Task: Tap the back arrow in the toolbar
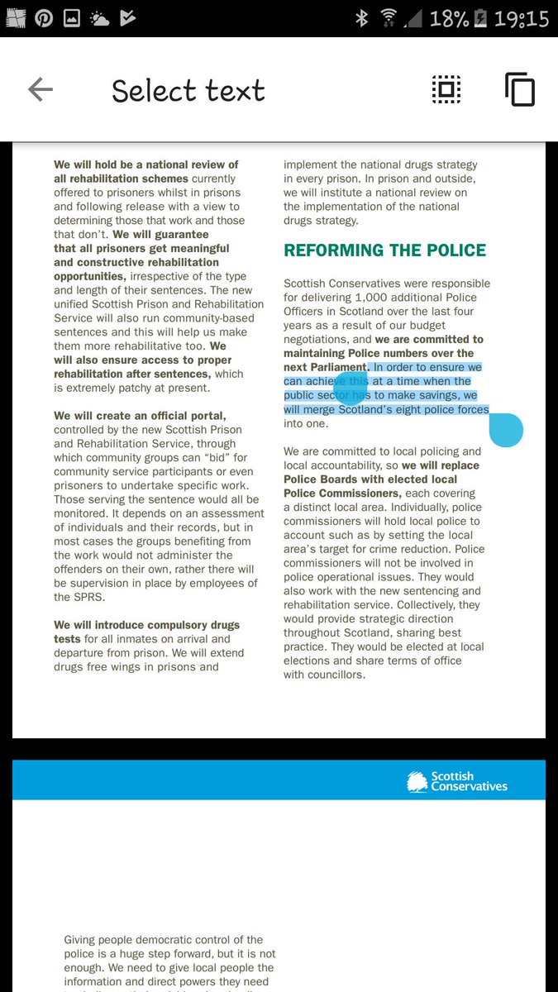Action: (40, 89)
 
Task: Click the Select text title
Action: (188, 90)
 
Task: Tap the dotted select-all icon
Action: (446, 89)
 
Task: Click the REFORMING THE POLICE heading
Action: (384, 250)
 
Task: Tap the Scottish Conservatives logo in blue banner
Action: (457, 781)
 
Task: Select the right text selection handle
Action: (506, 430)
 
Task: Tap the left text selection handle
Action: (349, 388)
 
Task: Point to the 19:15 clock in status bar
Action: (521, 18)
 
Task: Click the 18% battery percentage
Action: (448, 18)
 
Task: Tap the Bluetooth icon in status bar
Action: (361, 18)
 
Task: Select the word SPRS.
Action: (70, 597)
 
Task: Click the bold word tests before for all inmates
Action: (67, 639)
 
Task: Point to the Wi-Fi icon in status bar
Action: (389, 18)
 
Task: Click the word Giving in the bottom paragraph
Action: (83, 939)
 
